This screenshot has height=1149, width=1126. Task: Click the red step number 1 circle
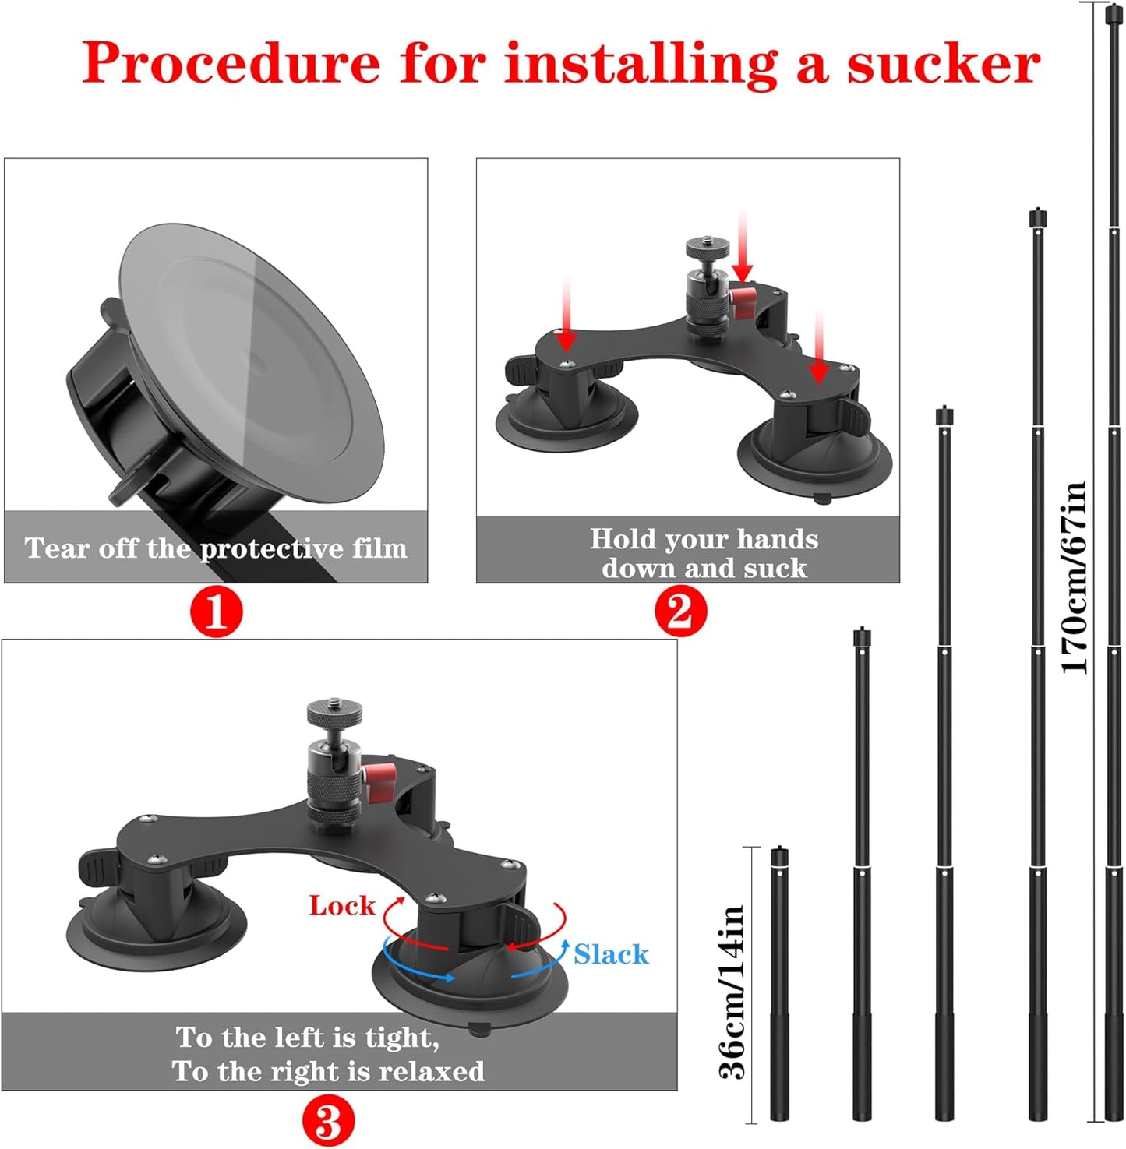tap(217, 612)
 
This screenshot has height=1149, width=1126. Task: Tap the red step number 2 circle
tap(680, 612)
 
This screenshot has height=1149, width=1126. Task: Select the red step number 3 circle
tap(328, 1123)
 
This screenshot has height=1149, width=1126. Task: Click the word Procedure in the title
tap(231, 64)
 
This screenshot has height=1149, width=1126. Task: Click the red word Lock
tap(341, 905)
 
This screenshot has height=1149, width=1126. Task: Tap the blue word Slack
tap(611, 954)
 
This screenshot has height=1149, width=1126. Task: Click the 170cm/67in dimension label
tap(1075, 577)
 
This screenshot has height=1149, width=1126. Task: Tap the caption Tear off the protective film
tap(216, 548)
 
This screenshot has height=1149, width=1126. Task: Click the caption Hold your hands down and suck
tap(704, 553)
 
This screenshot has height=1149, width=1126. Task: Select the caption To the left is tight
tap(307, 1038)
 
